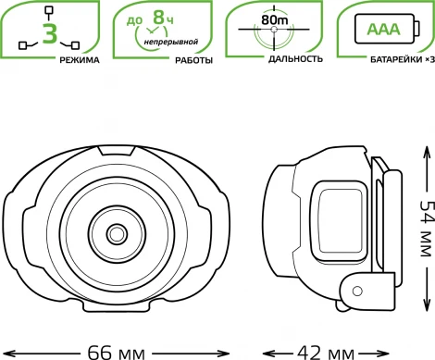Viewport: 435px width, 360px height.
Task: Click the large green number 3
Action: coord(50,33)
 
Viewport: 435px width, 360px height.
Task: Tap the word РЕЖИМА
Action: coord(80,60)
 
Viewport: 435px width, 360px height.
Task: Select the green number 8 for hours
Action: coord(159,18)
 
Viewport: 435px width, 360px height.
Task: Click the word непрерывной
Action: coord(171,42)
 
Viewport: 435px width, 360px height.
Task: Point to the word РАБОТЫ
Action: coord(194,60)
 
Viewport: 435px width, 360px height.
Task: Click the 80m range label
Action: coord(275,19)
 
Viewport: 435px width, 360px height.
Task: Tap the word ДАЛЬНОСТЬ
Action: coord(295,59)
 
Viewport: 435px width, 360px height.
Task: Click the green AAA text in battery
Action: coord(383,29)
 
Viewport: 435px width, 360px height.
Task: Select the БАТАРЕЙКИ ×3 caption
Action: coord(402,59)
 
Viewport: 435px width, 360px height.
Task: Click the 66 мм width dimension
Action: coord(117,353)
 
